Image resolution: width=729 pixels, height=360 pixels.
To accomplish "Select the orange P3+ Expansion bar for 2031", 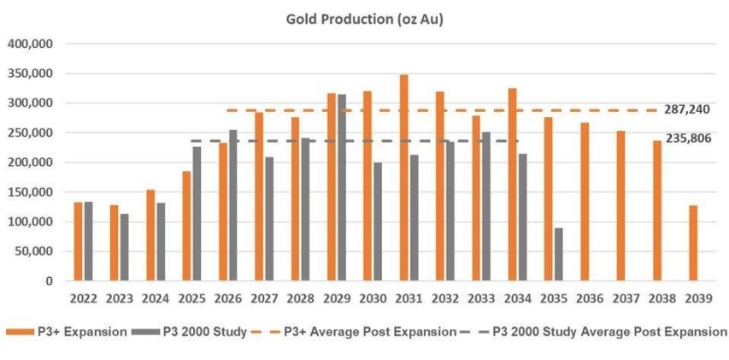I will click(x=403, y=178).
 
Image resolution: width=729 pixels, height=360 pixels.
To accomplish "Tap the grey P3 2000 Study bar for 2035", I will click(x=559, y=254).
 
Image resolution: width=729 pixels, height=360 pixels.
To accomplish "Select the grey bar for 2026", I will click(x=233, y=205).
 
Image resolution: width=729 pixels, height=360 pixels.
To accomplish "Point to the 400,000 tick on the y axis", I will click(x=30, y=44).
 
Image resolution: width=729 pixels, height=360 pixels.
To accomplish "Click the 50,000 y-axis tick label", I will click(x=33, y=251).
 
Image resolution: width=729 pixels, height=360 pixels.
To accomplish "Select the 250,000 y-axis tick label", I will click(x=30, y=133).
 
